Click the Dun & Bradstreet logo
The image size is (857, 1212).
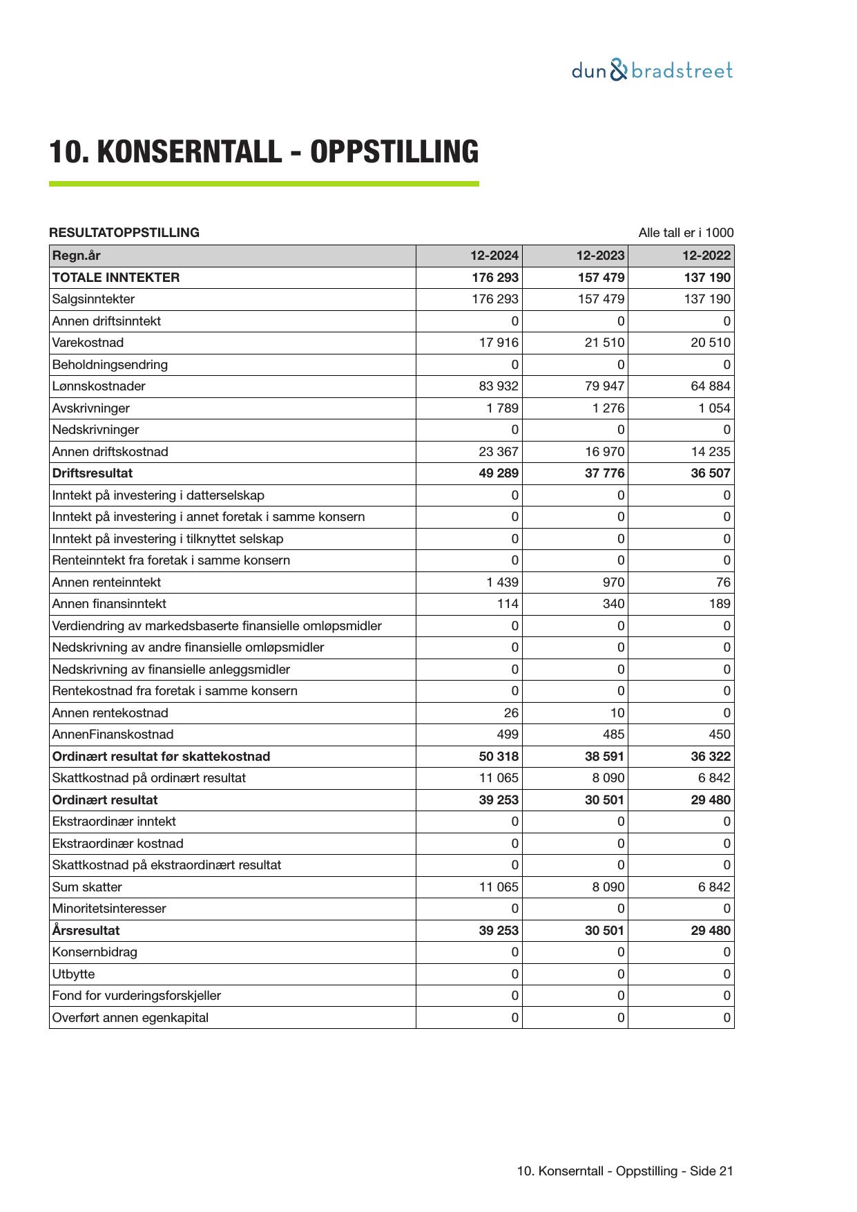[652, 70]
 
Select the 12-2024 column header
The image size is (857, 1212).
[494, 256]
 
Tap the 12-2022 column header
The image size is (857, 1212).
[706, 256]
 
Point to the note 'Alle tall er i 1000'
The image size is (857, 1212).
[685, 233]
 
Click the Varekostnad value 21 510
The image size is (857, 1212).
[604, 343]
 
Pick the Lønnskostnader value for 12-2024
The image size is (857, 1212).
[498, 386]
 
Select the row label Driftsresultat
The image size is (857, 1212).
[93, 473]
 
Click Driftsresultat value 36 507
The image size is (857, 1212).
[710, 473]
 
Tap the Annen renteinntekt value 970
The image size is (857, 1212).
[613, 583]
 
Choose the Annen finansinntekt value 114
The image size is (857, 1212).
[507, 604]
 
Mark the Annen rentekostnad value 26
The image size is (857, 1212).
[511, 713]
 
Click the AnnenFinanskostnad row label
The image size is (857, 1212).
[113, 735]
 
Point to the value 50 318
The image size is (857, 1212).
[498, 757]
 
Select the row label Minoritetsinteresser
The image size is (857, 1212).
[109, 909]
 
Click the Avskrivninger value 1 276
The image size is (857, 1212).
[608, 408]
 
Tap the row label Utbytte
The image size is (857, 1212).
[74, 974]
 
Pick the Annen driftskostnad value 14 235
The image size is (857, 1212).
[710, 452]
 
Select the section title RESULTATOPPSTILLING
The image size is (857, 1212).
[124, 233]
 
